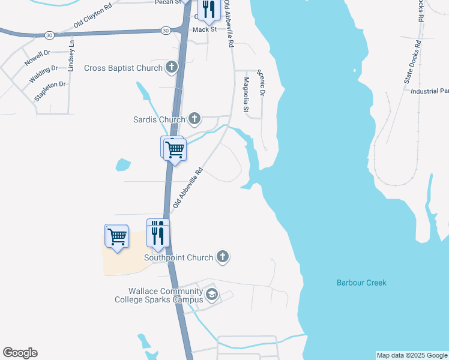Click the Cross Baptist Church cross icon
pos(172,68)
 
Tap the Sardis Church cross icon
pos(194,119)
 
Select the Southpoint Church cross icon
pos(223,257)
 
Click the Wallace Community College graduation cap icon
pos(211,295)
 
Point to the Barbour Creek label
pos(361,283)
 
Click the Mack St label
pos(204,29)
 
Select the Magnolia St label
pos(246,95)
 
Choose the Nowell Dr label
pos(37,58)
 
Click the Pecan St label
pos(169,2)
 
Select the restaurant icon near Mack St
pos(208,10)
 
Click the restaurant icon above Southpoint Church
pos(158,233)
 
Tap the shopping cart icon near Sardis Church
pos(175,149)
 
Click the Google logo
pos(20,353)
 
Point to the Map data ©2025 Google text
pos(412,355)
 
